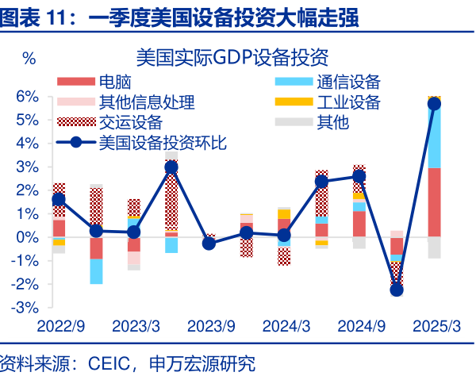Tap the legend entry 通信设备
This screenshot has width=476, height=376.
(348, 81)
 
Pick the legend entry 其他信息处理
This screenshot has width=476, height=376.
(146, 102)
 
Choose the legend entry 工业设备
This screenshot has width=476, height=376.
(348, 102)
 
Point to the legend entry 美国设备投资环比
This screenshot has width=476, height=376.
(162, 143)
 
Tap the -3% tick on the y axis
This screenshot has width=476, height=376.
(25, 307)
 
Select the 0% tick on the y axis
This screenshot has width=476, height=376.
(28, 236)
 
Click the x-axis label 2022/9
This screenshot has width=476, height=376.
(59, 326)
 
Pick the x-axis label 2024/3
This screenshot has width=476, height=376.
(283, 326)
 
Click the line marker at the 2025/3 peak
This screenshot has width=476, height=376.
(434, 104)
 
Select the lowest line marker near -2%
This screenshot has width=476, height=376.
(397, 290)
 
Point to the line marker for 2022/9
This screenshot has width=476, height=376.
(59, 200)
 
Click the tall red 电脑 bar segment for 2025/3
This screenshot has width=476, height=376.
(434, 202)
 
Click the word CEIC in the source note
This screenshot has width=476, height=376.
(106, 364)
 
